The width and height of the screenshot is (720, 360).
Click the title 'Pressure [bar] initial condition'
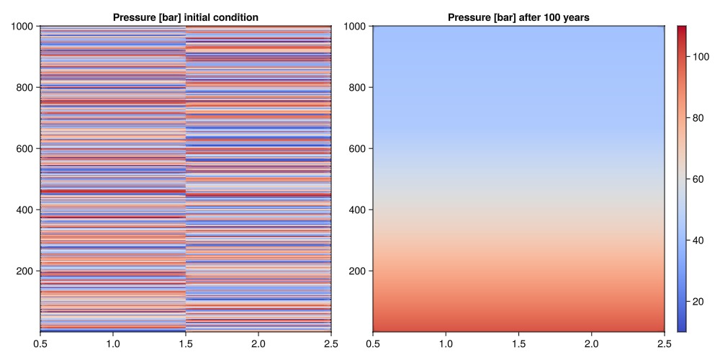[186, 17]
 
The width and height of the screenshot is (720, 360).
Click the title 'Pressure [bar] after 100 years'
[518, 17]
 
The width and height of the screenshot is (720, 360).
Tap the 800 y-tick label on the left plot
[26, 88]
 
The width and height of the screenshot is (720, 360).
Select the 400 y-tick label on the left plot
[26, 210]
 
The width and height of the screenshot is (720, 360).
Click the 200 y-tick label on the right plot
[359, 271]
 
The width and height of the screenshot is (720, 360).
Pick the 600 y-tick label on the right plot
[359, 149]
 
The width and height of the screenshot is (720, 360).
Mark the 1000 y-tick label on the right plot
[356, 27]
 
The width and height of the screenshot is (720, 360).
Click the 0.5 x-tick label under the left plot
[40, 343]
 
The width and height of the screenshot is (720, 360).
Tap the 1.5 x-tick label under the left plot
[186, 343]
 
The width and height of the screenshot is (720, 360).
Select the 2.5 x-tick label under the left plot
[331, 343]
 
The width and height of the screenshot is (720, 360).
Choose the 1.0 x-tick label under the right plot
[446, 343]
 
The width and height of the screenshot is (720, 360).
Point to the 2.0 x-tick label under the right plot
[591, 343]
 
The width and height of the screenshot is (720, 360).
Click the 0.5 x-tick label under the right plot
[373, 343]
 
